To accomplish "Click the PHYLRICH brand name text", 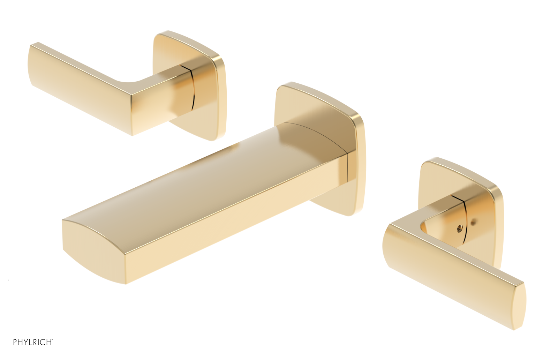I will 32,342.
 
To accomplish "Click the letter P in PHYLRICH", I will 15,342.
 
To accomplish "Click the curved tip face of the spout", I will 91,251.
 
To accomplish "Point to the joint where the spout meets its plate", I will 347,167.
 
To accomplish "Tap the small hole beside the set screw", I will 473,221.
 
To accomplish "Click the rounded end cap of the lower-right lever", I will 519,307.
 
